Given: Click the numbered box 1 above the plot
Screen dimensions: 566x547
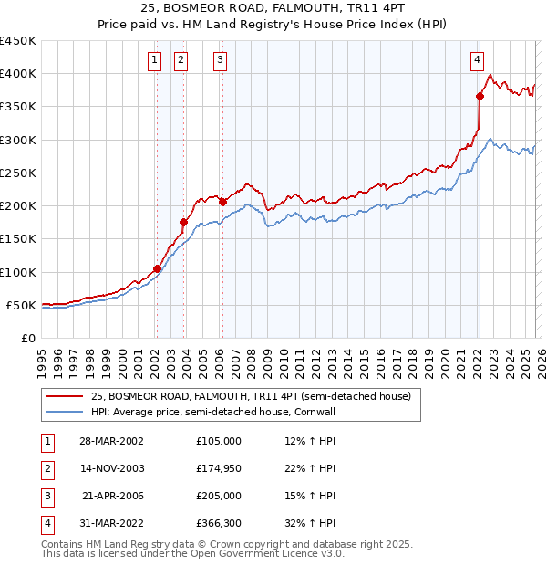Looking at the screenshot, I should (x=155, y=61).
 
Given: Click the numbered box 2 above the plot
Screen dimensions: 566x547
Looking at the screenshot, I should (x=181, y=61).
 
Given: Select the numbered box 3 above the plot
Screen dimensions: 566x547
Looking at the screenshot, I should (x=221, y=61).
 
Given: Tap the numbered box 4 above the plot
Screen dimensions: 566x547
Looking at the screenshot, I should (x=477, y=61).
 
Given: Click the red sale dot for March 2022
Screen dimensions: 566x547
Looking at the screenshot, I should (x=480, y=96).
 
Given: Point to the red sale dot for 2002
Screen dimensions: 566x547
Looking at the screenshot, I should (x=157, y=268).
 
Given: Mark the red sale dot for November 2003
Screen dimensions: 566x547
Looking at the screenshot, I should (x=183, y=222).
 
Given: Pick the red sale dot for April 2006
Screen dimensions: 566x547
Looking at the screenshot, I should (x=222, y=202).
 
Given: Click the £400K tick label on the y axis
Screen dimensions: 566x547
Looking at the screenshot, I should (x=18, y=74).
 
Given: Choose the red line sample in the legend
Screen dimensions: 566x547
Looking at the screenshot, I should (x=64, y=397).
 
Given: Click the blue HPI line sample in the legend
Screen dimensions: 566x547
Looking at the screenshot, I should (x=64, y=412).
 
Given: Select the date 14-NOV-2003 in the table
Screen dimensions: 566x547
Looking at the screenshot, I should (x=112, y=468).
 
